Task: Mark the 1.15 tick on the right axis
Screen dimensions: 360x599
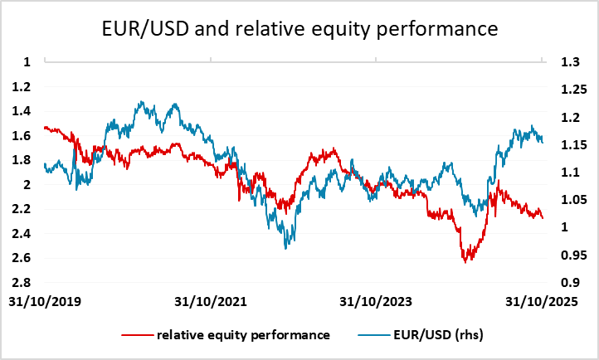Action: point(572,144)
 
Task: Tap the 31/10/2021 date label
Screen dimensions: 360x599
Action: point(212,299)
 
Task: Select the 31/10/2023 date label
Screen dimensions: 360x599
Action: point(377,299)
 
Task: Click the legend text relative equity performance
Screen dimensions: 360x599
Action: point(243,335)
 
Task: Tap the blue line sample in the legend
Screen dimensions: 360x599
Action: point(376,335)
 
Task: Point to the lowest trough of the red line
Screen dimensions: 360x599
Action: point(465,261)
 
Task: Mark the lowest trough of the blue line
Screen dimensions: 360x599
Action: point(287,248)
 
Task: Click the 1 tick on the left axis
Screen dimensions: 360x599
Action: point(27,61)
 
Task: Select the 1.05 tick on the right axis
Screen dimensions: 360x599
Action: point(572,200)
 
